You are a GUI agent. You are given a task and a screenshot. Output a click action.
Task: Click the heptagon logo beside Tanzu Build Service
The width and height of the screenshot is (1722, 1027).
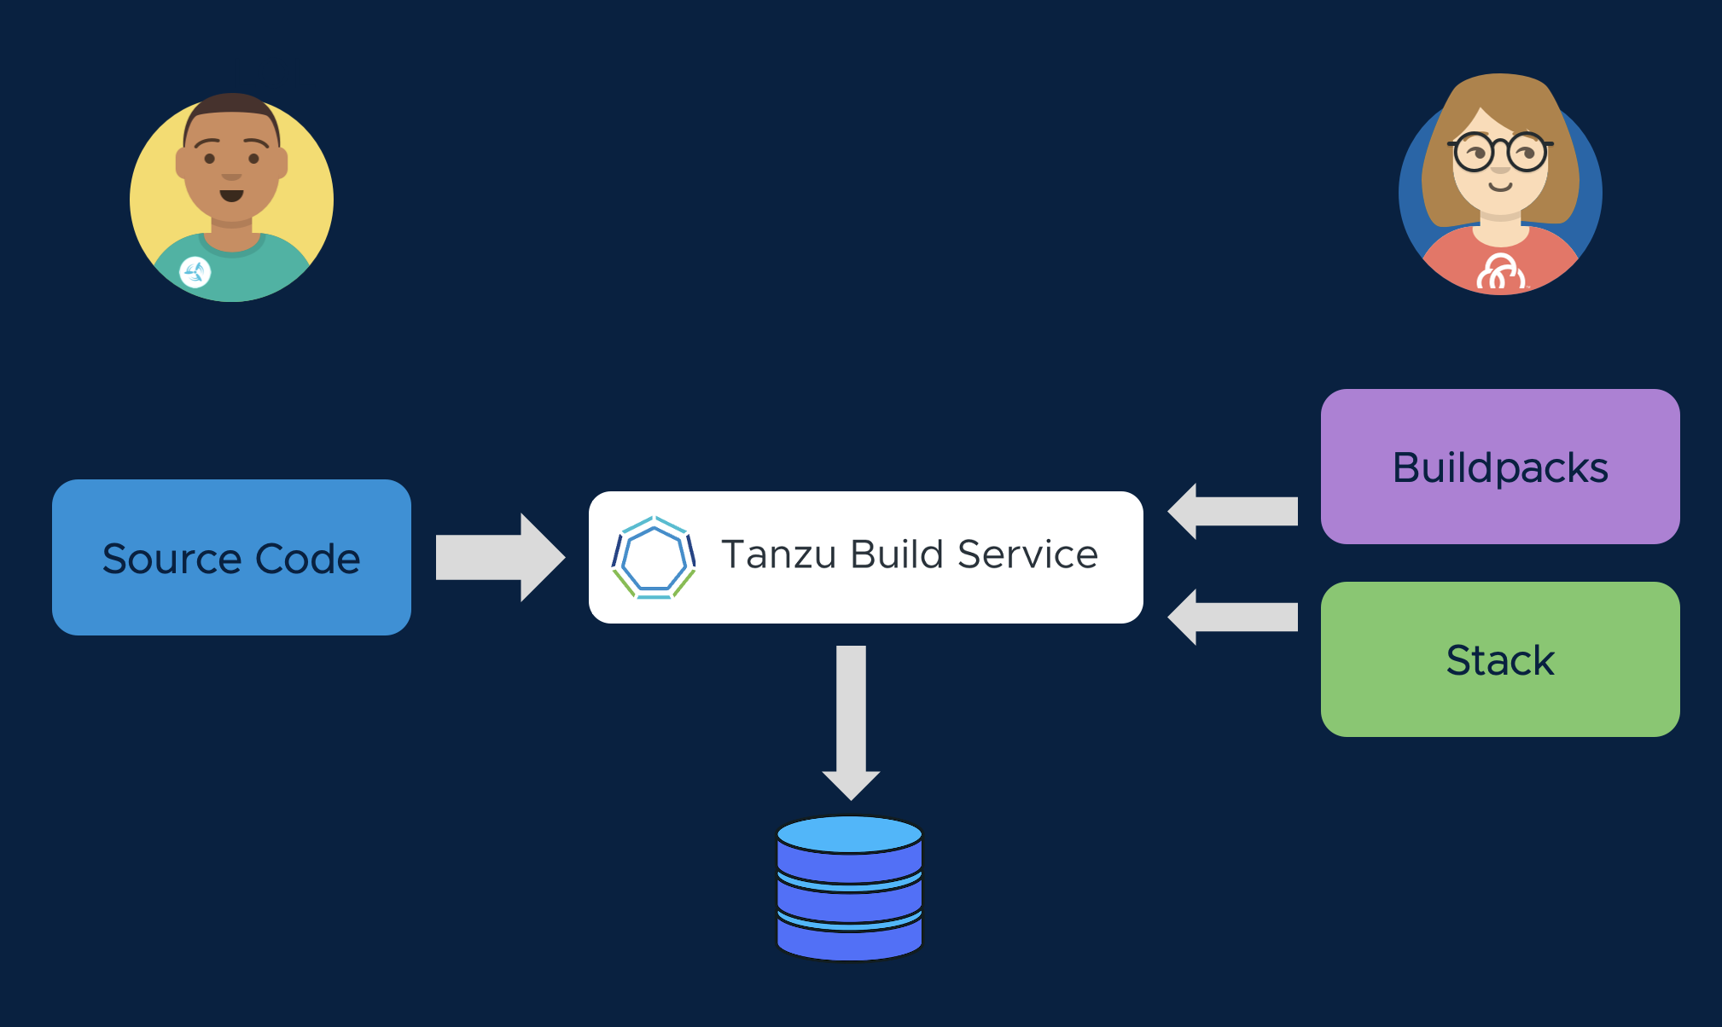point(654,557)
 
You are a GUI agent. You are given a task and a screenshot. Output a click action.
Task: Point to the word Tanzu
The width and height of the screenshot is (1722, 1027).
point(778,554)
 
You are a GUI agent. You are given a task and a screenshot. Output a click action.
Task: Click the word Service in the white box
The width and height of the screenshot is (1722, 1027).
point(1027,554)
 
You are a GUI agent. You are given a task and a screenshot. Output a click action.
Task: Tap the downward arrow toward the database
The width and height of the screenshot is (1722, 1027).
point(851,721)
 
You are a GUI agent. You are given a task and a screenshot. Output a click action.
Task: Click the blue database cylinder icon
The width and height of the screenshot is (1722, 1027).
point(850,904)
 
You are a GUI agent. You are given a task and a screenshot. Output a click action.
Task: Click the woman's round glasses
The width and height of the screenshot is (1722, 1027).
point(1500,153)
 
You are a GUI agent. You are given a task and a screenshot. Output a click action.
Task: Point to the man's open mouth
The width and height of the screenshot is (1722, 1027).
point(231,195)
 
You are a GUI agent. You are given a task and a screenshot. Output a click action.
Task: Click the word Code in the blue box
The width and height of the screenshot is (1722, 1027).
point(307,559)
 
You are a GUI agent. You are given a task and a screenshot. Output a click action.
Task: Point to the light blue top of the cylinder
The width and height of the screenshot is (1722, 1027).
point(850,833)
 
